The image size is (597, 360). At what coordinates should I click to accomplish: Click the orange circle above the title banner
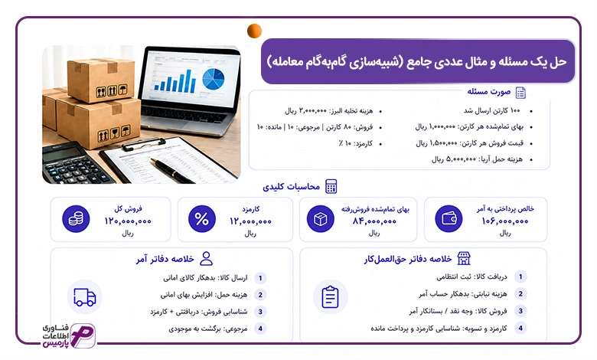(254, 31)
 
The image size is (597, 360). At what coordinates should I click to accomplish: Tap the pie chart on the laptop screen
(214, 79)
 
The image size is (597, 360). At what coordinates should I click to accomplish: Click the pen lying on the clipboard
(172, 171)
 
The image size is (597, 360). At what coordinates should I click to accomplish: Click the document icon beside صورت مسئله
(520, 93)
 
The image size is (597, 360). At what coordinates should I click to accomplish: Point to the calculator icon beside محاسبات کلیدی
(331, 187)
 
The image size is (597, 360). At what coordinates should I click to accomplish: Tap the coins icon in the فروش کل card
(76, 218)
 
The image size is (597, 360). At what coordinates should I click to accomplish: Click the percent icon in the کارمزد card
(202, 219)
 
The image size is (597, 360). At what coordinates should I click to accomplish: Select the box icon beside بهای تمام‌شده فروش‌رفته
(321, 219)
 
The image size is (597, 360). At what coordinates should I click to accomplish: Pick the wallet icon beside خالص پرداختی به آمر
(449, 218)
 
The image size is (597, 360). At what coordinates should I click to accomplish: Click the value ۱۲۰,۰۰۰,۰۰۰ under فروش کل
(128, 221)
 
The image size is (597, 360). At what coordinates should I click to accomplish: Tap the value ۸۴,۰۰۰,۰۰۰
(374, 221)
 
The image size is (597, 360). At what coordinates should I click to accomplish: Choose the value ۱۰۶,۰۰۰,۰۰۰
(505, 221)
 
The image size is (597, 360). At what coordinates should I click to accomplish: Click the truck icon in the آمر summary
(84, 297)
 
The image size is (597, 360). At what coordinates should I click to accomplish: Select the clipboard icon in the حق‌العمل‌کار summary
(330, 297)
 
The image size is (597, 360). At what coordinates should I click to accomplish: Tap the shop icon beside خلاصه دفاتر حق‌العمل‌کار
(464, 259)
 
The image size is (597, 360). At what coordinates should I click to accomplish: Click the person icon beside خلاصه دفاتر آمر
(207, 259)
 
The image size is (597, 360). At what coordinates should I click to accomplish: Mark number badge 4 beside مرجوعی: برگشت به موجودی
(260, 329)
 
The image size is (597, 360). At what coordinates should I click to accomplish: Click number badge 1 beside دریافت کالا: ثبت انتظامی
(520, 277)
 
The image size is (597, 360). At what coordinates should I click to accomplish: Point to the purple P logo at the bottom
(83, 336)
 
